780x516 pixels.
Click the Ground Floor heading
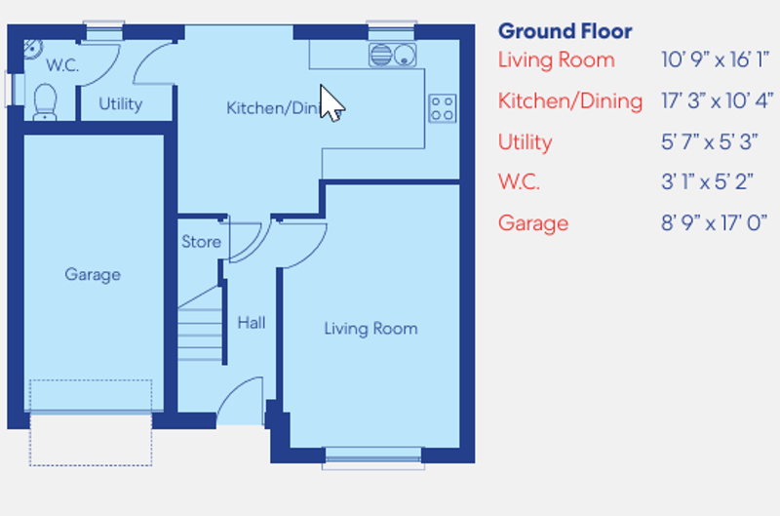point(565,31)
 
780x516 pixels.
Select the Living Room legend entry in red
point(556,60)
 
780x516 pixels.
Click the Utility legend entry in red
point(525,142)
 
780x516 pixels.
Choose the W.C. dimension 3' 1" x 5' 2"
point(709,182)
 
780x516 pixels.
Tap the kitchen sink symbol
point(392,55)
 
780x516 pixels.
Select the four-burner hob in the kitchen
point(442,107)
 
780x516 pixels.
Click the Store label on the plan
point(201,242)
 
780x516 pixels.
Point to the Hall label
point(252,323)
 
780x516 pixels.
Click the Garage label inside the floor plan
point(93,275)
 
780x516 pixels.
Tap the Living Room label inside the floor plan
point(370,329)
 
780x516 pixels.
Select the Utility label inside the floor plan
point(121,104)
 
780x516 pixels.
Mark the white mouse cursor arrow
point(331,103)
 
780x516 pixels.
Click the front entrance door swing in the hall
point(240,402)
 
